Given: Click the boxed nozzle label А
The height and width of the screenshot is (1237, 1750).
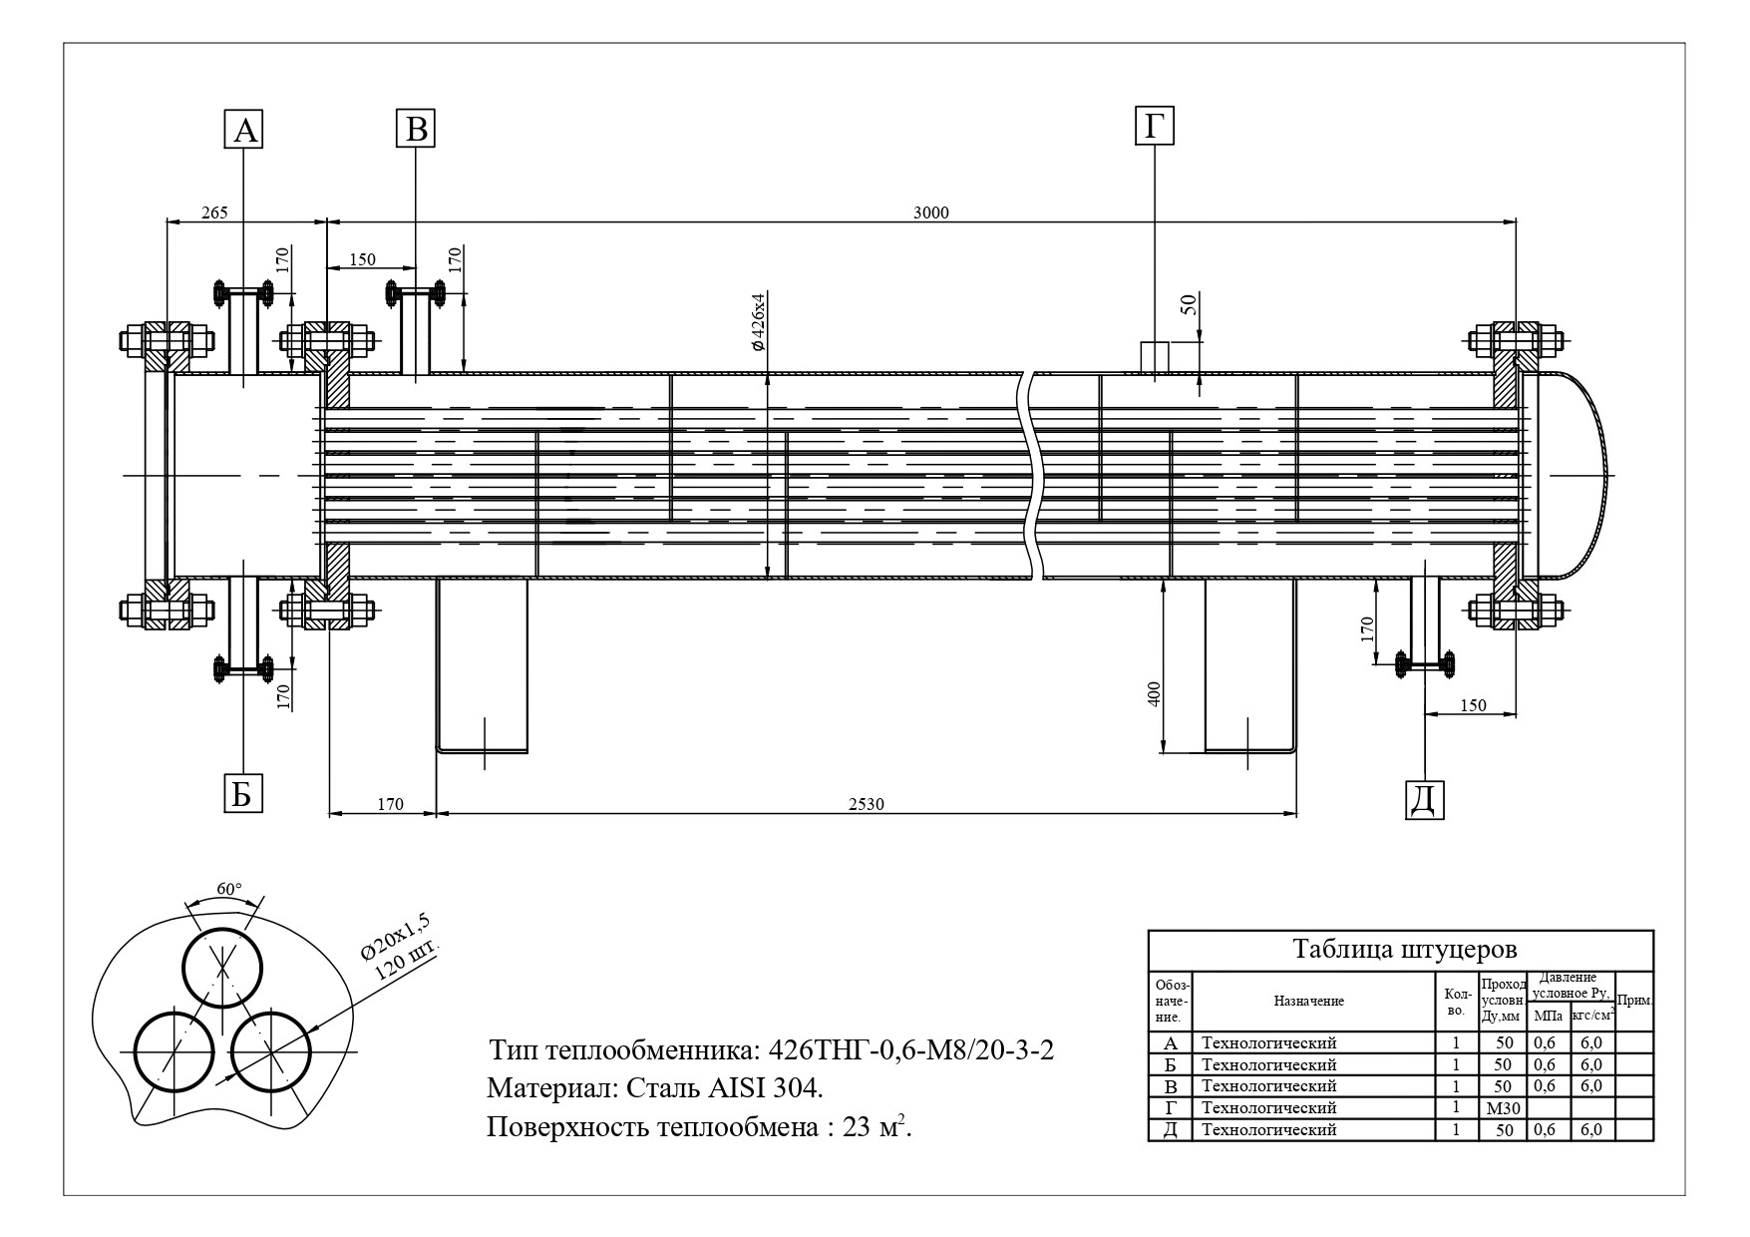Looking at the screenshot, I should pyautogui.click(x=244, y=130).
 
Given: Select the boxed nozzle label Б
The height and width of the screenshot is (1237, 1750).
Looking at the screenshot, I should pyautogui.click(x=242, y=794).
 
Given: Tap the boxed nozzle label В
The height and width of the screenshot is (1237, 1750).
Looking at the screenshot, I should pyautogui.click(x=417, y=129).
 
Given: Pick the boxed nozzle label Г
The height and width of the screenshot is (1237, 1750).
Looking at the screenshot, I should pyautogui.click(x=1154, y=127).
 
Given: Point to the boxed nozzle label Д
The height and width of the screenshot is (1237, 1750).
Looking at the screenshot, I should pyautogui.click(x=1425, y=799).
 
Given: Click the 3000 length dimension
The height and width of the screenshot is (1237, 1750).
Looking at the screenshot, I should pyautogui.click(x=931, y=212).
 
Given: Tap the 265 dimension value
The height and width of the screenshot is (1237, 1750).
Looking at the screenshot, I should pyautogui.click(x=214, y=212).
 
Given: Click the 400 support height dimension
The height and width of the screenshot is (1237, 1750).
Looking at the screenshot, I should pyautogui.click(x=1155, y=693).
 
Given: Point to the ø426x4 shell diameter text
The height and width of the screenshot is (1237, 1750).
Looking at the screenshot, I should pyautogui.click(x=758, y=321).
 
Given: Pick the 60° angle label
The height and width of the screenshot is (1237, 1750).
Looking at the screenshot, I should pyautogui.click(x=228, y=889).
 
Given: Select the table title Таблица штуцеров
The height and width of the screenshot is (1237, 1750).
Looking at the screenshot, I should pyautogui.click(x=1404, y=948).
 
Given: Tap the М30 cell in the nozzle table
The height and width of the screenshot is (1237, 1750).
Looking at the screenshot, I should pyautogui.click(x=1502, y=1108).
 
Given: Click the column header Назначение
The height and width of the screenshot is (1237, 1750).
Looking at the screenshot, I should pyautogui.click(x=1308, y=1001).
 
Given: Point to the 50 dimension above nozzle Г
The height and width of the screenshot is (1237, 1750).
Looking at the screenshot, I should pyautogui.click(x=1188, y=305).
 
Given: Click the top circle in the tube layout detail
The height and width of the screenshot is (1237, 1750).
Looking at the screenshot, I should pyautogui.click(x=222, y=967).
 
